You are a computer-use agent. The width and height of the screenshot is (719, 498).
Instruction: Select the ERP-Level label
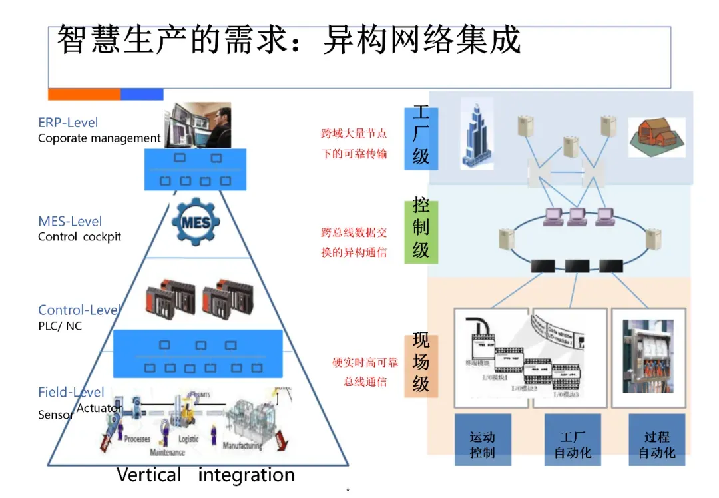[68, 123]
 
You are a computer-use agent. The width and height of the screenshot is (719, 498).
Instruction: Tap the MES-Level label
[70, 221]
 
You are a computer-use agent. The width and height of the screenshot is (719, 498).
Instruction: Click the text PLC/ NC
[60, 326]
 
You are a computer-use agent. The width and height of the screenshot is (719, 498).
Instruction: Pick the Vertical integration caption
[205, 475]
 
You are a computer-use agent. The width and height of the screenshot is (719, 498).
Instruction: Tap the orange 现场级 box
[421, 363]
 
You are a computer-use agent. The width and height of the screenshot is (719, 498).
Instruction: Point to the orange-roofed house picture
[656, 137]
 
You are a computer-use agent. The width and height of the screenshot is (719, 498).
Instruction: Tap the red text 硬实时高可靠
[365, 363]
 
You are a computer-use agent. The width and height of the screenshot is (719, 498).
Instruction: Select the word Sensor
[56, 415]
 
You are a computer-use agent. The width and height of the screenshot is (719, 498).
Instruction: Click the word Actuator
[99, 407]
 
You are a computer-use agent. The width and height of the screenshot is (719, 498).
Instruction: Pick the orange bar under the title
[84, 94]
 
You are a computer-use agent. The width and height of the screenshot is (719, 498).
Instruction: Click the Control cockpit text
[79, 237]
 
